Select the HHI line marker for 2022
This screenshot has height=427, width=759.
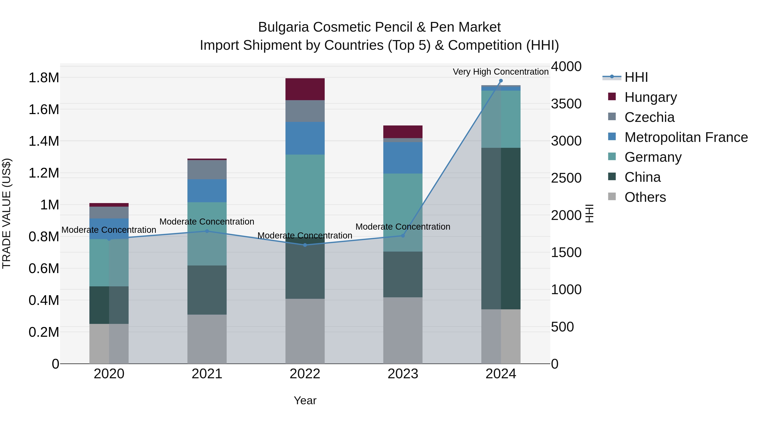(x=305, y=245)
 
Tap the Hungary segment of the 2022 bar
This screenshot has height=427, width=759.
(x=305, y=89)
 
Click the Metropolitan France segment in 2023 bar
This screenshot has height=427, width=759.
(x=403, y=158)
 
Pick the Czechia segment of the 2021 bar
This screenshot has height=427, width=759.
(x=207, y=170)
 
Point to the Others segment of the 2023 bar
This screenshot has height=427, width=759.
(x=403, y=330)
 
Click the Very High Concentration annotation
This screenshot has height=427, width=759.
(x=500, y=72)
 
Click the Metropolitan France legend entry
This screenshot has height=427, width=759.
(x=686, y=137)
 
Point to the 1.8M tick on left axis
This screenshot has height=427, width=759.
(x=44, y=78)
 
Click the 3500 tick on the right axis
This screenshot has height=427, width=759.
(x=566, y=104)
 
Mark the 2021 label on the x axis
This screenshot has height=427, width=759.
(x=207, y=374)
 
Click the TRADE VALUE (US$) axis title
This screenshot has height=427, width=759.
(x=7, y=213)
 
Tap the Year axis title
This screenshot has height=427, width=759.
(x=305, y=400)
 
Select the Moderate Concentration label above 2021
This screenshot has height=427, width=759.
(x=207, y=222)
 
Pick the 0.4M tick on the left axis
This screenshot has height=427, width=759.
(x=44, y=300)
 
